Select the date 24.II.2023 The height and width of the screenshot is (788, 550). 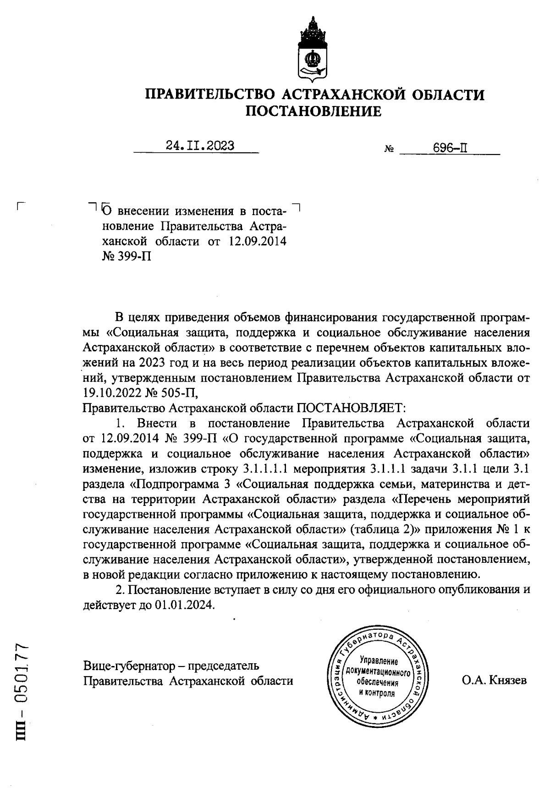coord(200,146)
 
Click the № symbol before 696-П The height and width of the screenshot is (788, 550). coord(389,150)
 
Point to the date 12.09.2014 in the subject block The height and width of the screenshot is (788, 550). coord(257,241)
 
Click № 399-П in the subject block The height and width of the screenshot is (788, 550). coord(126,256)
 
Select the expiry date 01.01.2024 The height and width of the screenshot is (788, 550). coord(184,605)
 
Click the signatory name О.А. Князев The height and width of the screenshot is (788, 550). coord(494,680)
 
